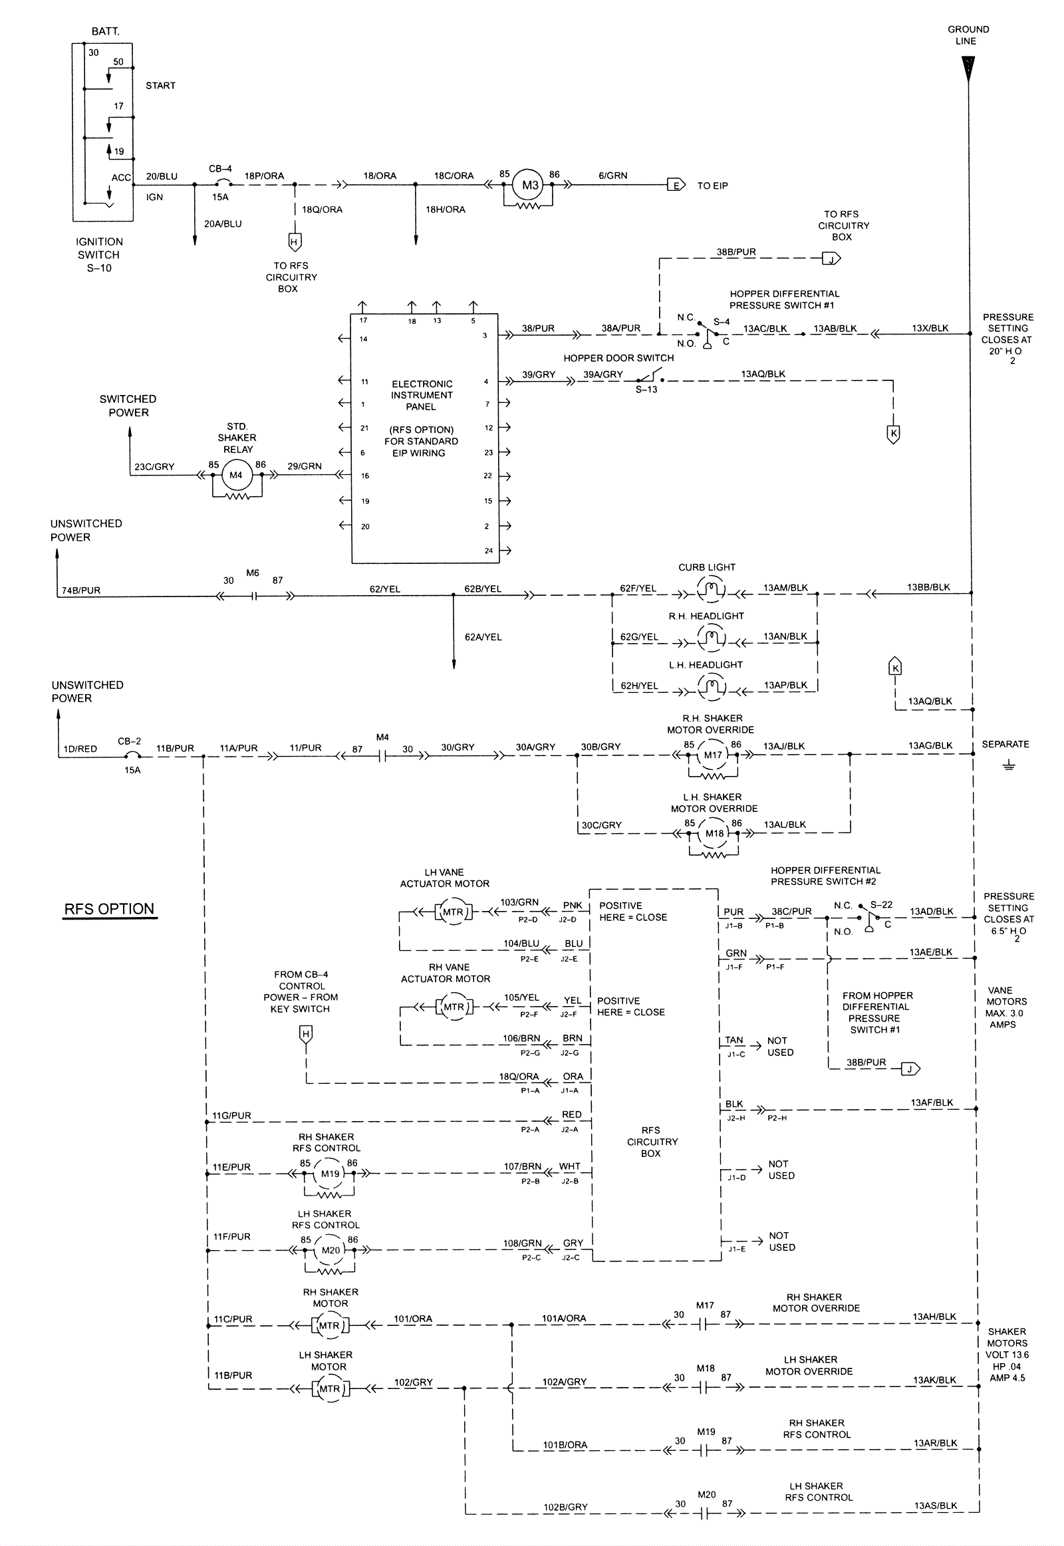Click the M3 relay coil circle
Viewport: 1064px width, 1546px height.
pyautogui.click(x=529, y=186)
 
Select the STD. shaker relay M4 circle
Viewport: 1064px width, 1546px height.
pyautogui.click(x=236, y=475)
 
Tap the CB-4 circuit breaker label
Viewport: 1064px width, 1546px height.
pyautogui.click(x=220, y=170)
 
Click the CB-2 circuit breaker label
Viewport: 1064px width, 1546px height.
pyautogui.click(x=129, y=741)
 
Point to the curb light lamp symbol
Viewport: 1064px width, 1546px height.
pyautogui.click(x=712, y=590)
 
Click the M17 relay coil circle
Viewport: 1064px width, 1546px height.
pyautogui.click(x=713, y=755)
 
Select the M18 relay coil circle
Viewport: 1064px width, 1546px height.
pyautogui.click(x=714, y=833)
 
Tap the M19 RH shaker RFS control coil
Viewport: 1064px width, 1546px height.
pyautogui.click(x=330, y=1193)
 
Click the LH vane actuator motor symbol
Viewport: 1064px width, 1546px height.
pyautogui.click(x=453, y=912)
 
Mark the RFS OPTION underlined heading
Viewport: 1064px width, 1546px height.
pyautogui.click(x=109, y=910)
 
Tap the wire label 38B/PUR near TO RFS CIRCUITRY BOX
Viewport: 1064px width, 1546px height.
pyautogui.click(x=736, y=252)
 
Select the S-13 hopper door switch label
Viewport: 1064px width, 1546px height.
pyautogui.click(x=646, y=390)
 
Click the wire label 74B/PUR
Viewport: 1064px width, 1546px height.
pyautogui.click(x=81, y=590)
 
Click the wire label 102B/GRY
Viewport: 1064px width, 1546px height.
pyautogui.click(x=565, y=1507)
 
